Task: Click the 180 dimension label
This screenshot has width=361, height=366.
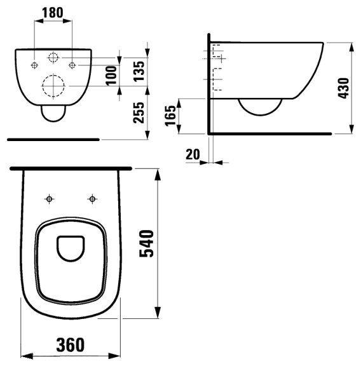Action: pyautogui.click(x=53, y=13)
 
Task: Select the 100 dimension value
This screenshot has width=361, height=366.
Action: pyautogui.click(x=111, y=76)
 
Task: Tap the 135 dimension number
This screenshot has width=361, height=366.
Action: pyautogui.click(x=139, y=71)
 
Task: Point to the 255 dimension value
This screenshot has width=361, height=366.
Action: pyautogui.click(x=139, y=112)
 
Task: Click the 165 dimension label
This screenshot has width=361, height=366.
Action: pyautogui.click(x=170, y=116)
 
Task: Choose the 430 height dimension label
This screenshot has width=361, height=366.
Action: pyautogui.click(x=344, y=88)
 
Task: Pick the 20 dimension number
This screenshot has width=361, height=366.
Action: pyautogui.click(x=193, y=154)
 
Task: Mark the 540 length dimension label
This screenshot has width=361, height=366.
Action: pyautogui.click(x=146, y=244)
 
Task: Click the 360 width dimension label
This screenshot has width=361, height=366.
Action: pyautogui.click(x=71, y=345)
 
